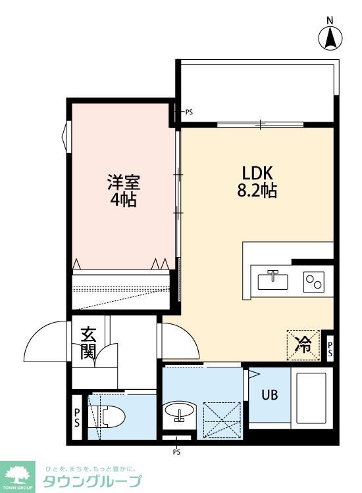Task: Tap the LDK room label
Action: [x=257, y=173]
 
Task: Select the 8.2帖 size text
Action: [x=257, y=190]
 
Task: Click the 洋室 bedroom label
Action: [x=123, y=182]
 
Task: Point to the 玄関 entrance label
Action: [x=88, y=343]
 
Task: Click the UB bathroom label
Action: [x=269, y=395]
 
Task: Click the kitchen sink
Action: [x=272, y=281]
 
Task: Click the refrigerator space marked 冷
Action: [x=303, y=345]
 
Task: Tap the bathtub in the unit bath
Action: [x=311, y=398]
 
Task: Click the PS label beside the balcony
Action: [x=189, y=112]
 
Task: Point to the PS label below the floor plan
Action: [x=176, y=452]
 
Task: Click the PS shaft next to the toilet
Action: [x=77, y=417]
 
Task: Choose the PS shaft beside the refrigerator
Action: [x=330, y=349]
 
